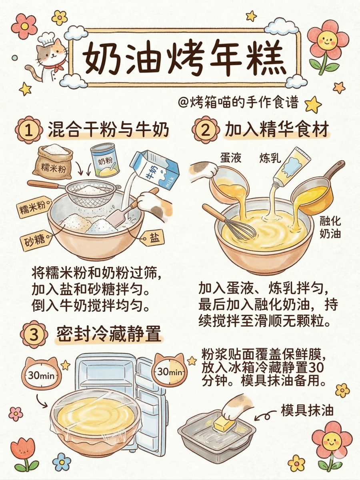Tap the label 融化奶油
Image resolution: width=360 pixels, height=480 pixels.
(330, 227)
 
